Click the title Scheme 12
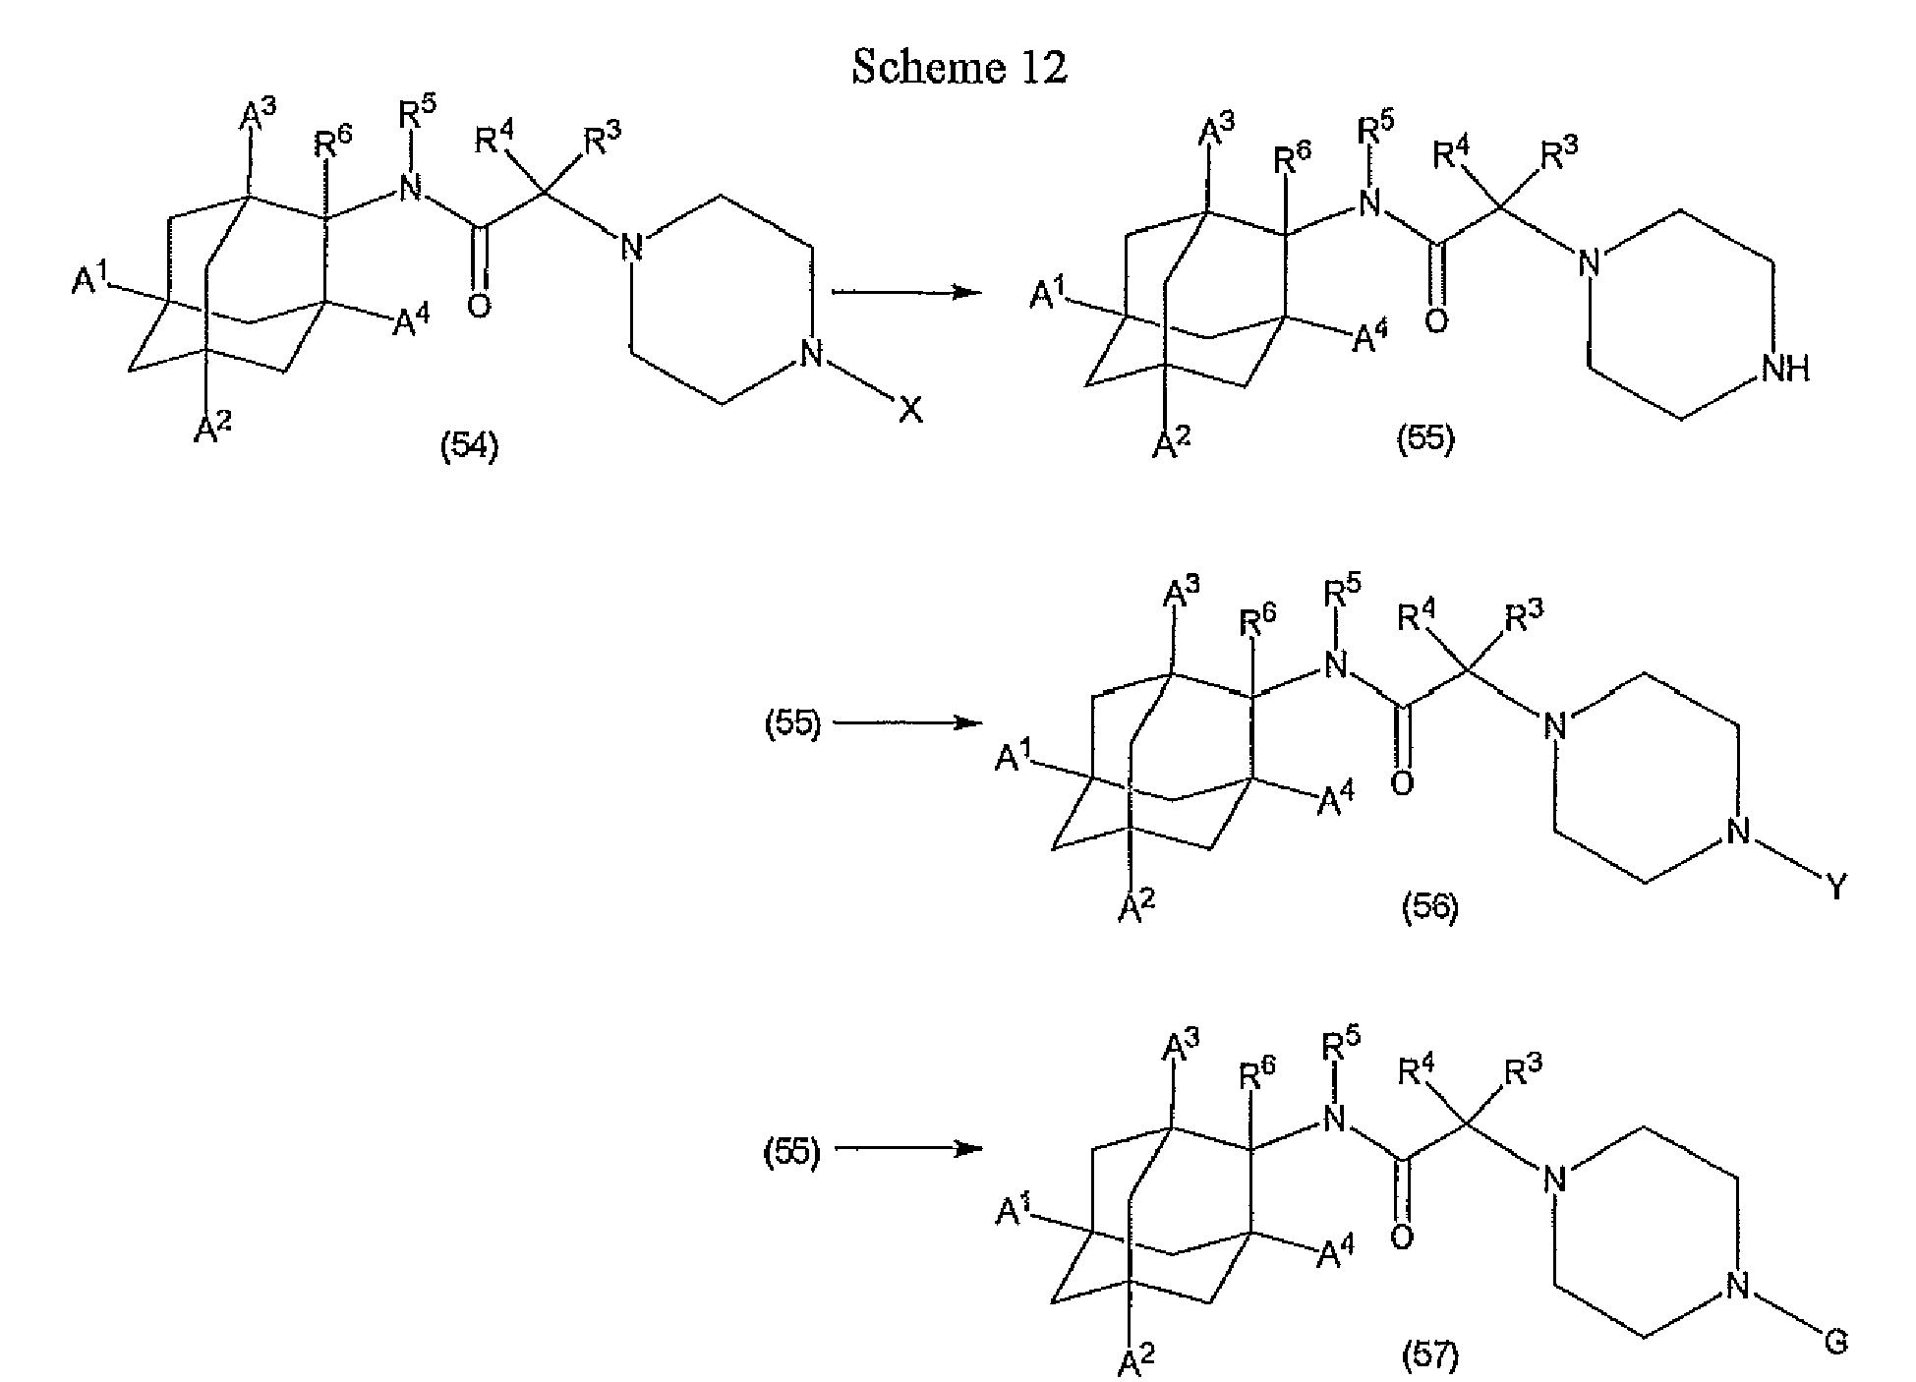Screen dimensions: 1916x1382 coord(959,67)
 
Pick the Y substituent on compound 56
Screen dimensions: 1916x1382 coord(1835,889)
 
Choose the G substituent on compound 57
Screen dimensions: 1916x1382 coord(1835,1342)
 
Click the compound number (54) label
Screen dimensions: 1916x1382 coord(469,447)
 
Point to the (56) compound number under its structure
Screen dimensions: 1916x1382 coord(1429,907)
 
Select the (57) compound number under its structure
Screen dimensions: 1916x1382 coord(1429,1357)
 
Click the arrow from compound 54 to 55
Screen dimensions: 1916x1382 coord(906,291)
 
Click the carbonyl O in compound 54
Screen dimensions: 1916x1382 coord(479,307)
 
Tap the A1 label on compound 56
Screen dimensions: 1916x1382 coord(1016,757)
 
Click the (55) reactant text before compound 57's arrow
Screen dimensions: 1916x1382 coord(792,1151)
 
